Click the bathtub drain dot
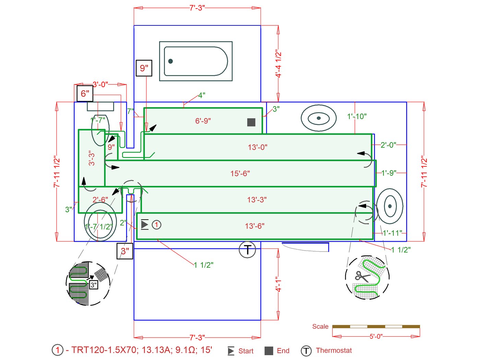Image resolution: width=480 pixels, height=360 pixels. tap(170, 61)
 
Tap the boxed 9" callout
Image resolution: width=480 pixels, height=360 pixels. tap(144, 68)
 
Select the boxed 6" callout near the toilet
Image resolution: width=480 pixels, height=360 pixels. tap(85, 93)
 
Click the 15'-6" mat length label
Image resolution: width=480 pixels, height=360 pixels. tap(240, 174)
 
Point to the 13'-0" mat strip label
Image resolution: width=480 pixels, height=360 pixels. tap(257, 147)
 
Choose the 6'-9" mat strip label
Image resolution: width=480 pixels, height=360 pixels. tap(203, 121)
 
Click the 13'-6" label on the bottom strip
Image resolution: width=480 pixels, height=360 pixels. tap(255, 226)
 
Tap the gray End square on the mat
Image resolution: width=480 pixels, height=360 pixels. tap(251, 122)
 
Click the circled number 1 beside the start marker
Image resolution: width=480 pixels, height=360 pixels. tap(156, 225)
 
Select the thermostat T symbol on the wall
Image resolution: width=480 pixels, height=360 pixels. tap(248, 249)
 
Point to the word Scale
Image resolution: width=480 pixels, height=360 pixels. tap(320, 327)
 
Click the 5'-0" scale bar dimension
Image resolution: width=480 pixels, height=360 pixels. tap(376, 337)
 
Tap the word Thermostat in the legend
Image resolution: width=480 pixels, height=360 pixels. tap(334, 350)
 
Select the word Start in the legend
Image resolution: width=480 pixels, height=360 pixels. tap(246, 351)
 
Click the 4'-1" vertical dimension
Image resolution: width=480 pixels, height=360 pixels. tap(278, 284)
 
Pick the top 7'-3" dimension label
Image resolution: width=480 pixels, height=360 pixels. tap(197, 8)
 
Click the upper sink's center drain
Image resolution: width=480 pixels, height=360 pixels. tap(319, 118)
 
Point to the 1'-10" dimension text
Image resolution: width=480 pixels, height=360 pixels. tap(357, 117)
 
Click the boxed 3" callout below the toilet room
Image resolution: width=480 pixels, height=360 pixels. tap(125, 251)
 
